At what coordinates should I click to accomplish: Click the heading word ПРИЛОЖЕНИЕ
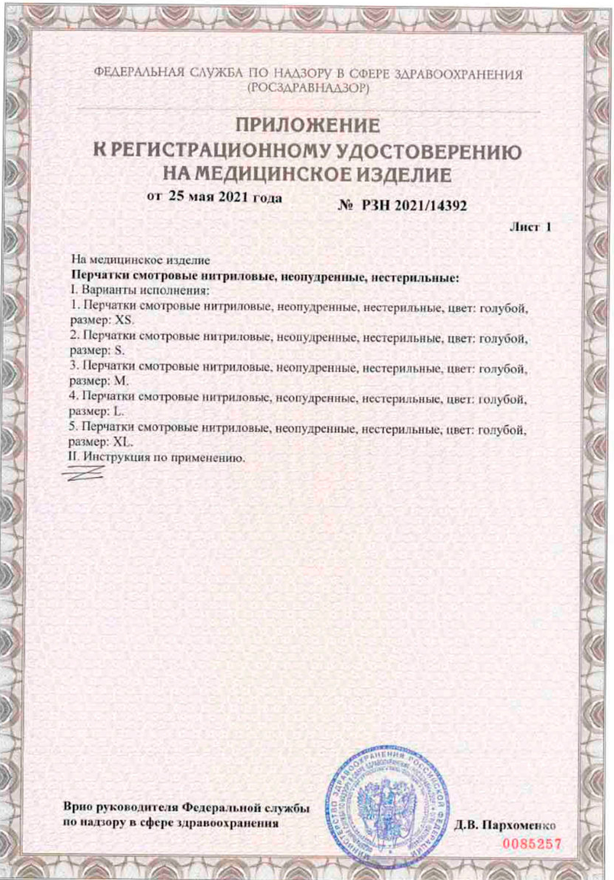point(308,126)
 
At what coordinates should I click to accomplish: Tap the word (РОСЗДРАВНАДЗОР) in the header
point(308,88)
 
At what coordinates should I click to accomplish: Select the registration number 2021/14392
point(430,206)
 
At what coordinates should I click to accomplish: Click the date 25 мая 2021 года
point(225,198)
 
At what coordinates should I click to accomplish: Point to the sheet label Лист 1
point(530,227)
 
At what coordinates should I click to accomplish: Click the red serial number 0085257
point(532,844)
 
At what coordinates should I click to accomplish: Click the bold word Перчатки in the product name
point(99,278)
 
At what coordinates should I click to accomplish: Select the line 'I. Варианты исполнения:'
point(141,290)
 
